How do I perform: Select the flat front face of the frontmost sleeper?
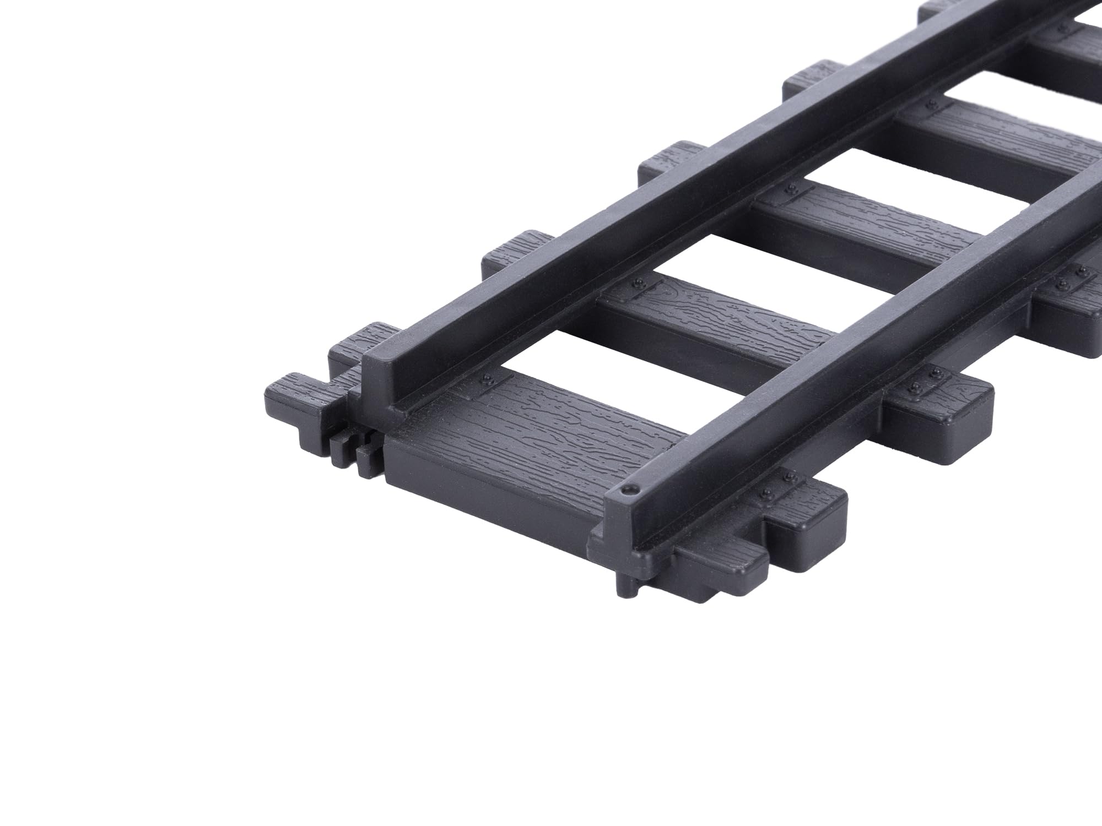(x=485, y=496)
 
